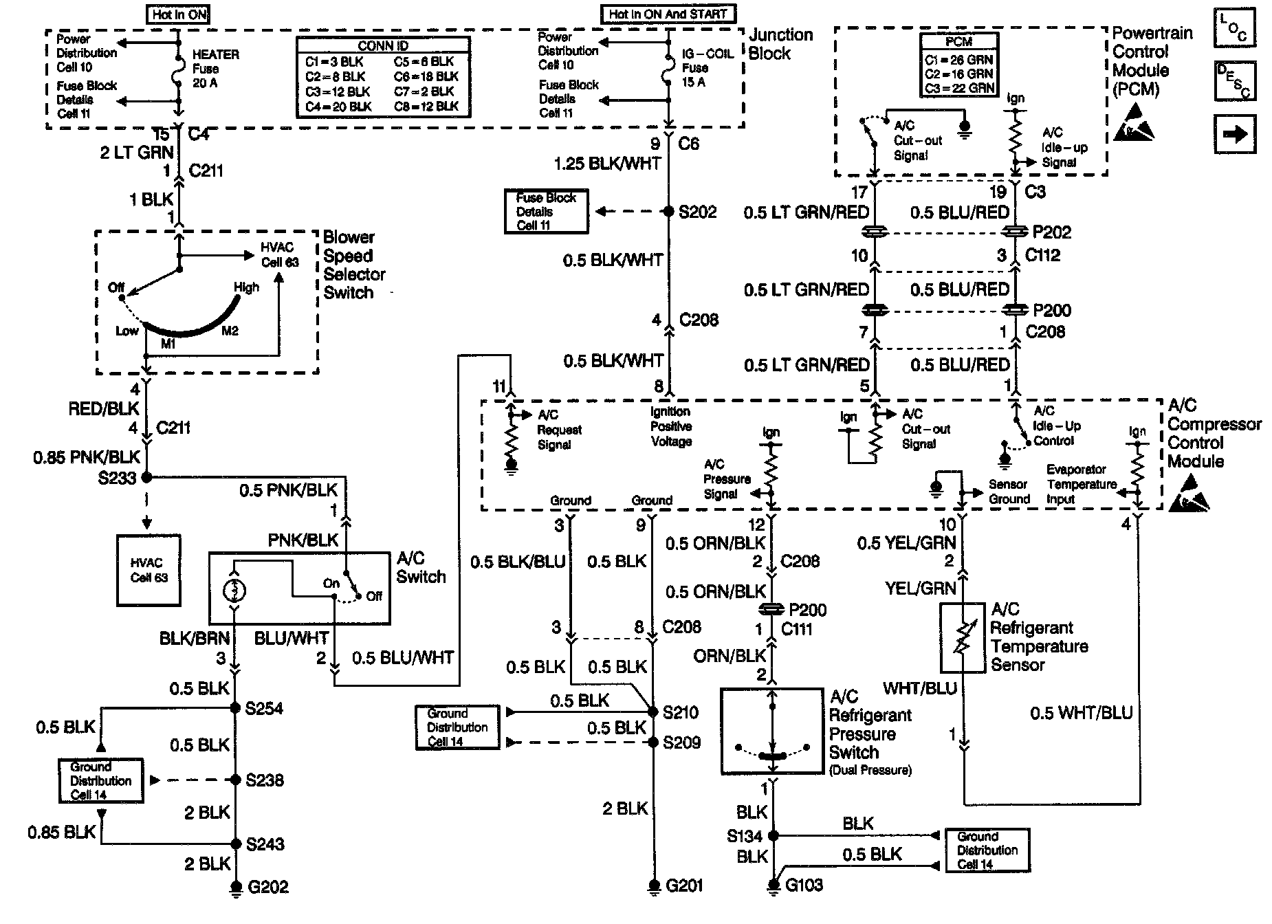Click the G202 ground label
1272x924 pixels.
tap(268, 886)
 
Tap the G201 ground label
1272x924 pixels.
tap(684, 885)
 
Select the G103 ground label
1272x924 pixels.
tap(804, 885)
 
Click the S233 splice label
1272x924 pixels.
tap(118, 478)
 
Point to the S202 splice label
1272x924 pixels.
tap(697, 212)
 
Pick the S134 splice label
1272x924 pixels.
tap(745, 836)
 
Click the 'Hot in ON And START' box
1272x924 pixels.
tap(668, 14)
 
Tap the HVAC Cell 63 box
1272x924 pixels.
tap(149, 570)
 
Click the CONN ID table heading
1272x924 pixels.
tap(384, 45)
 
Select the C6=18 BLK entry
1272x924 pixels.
tap(426, 76)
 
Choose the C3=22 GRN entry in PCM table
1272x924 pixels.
tap(959, 88)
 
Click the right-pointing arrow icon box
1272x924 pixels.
tap(1235, 133)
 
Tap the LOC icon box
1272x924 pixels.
tap(1235, 27)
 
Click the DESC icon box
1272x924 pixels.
tap(1235, 80)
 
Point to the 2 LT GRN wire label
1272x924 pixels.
tap(137, 153)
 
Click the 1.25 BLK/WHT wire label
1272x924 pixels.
tap(607, 164)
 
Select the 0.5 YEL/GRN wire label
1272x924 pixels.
tap(906, 544)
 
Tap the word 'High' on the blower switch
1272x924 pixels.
tap(246, 287)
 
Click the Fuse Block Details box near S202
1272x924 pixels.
tap(546, 212)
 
